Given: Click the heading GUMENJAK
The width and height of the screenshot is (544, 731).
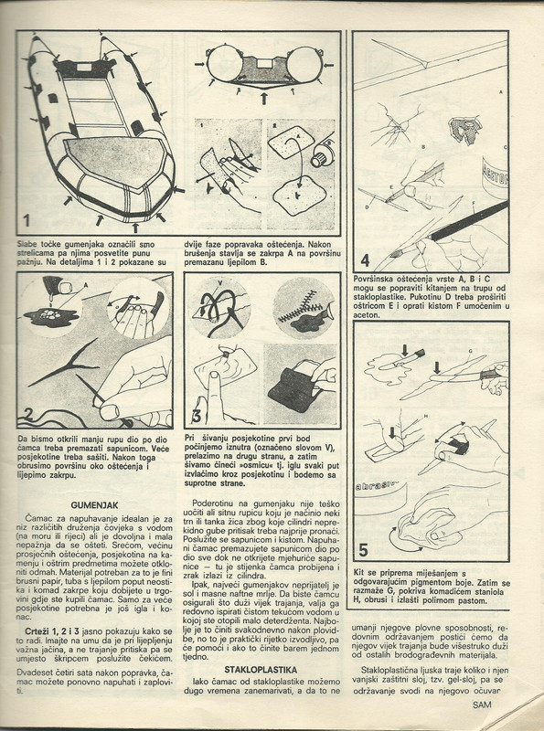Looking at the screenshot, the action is click(95, 505).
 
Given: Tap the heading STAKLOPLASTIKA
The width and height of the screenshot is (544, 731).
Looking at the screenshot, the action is click(261, 670).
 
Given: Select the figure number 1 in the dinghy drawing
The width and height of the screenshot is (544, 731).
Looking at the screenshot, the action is click(27, 220).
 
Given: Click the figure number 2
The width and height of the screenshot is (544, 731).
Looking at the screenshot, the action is click(28, 415).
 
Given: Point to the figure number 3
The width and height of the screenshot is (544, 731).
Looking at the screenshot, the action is click(197, 416).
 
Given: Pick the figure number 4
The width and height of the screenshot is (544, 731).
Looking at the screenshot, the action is click(366, 260).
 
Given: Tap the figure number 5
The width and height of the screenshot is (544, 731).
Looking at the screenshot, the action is click(364, 551).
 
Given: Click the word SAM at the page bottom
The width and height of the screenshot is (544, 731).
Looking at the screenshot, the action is click(482, 705).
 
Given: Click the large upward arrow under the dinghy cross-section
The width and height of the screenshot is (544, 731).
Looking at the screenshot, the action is click(264, 99).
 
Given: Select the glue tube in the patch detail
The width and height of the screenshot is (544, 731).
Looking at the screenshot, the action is click(322, 152).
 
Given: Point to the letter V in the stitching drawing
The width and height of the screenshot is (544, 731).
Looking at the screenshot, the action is click(220, 282).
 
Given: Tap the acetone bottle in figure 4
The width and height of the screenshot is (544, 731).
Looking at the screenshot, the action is click(496, 174).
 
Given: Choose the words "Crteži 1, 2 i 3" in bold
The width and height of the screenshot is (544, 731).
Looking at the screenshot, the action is click(52, 632).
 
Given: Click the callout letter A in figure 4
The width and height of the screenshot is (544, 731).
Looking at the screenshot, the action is click(501, 92).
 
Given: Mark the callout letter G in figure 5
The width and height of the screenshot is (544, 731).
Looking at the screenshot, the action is click(470, 351).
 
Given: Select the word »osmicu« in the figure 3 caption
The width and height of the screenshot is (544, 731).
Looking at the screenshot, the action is click(254, 466).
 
